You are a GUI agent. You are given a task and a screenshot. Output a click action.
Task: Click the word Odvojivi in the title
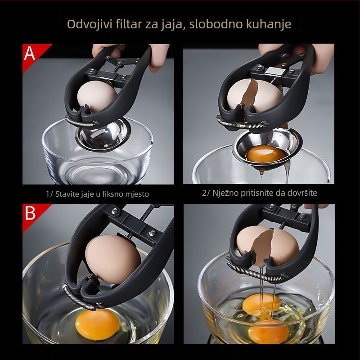90,24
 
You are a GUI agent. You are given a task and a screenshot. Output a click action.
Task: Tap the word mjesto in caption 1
137,194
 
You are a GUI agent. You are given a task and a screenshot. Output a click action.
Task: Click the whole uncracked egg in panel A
97,96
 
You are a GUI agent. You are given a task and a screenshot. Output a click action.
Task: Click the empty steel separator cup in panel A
103,135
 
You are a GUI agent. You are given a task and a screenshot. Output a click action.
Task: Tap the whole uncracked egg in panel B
113,259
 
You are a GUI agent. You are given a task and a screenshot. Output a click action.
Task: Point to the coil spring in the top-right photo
242,123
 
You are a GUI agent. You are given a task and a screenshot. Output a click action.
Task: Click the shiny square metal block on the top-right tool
274,72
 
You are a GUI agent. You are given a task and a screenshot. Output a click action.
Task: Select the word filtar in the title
129,24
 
